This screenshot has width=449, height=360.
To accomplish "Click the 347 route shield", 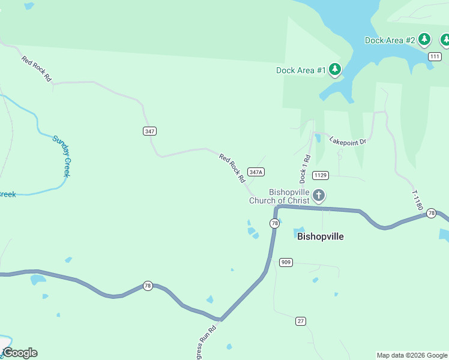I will coord(150,131).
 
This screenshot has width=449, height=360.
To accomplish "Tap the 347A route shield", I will coord(256,172).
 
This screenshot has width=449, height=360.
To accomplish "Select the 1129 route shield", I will coord(320,175).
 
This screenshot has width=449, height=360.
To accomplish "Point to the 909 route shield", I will coord(286,262).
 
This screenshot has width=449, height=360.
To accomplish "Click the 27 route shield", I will coord(301,321).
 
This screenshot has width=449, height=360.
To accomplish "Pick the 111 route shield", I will coord(435,56).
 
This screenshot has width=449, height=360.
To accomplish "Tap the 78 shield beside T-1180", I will coord(431,213).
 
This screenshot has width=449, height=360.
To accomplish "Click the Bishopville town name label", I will coord(321,236).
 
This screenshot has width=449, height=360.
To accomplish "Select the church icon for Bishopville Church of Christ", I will coord(319,196).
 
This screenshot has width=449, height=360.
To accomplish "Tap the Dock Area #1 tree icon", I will coord(335,70).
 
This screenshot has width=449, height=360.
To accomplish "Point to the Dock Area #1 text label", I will coord(301,70).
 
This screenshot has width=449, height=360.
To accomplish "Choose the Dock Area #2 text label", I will coord(390,40).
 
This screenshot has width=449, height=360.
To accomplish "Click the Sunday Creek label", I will coord(62,156).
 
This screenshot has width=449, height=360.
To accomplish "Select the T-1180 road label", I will coord(417,200).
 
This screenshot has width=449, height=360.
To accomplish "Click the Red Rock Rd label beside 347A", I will coord(232,169).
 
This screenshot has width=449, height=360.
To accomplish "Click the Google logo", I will coord(20,353).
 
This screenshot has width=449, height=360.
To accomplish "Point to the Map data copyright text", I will coord(411,355).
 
